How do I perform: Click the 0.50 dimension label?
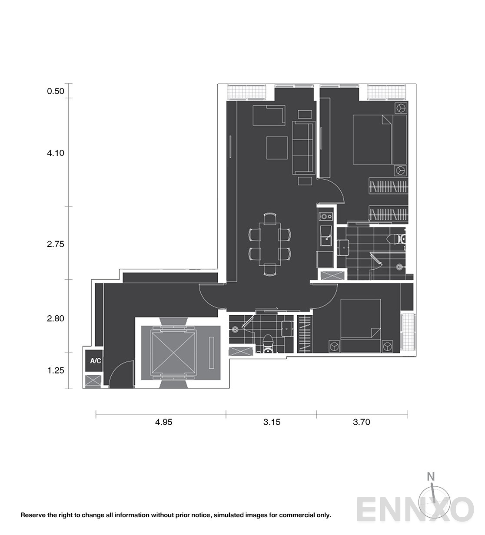(x=56, y=91)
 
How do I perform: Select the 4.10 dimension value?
(x=56, y=153)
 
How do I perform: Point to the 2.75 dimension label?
(x=56, y=244)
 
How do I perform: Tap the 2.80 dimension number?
(x=56, y=318)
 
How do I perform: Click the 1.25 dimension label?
(x=56, y=370)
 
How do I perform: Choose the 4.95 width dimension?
(x=164, y=422)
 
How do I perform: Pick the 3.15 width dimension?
(x=272, y=422)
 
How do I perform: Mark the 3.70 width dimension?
(x=362, y=422)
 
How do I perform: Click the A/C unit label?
(x=96, y=361)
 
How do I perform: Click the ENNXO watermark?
(x=415, y=510)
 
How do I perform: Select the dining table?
(x=269, y=244)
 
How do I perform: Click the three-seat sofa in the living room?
(x=303, y=148)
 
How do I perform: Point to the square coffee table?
(x=277, y=148)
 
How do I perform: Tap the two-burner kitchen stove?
(x=326, y=216)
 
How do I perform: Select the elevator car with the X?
(x=173, y=353)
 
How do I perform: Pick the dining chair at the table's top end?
(x=270, y=218)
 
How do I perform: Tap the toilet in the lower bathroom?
(x=267, y=343)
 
